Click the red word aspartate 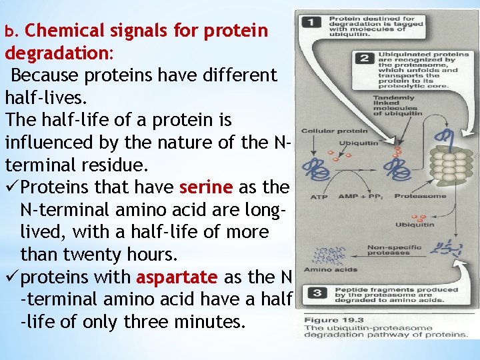[177, 277]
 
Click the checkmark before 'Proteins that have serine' [15, 187]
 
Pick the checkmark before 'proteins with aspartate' [15, 277]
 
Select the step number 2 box [364, 57]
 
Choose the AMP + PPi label [361, 196]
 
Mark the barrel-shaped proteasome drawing [451, 167]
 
